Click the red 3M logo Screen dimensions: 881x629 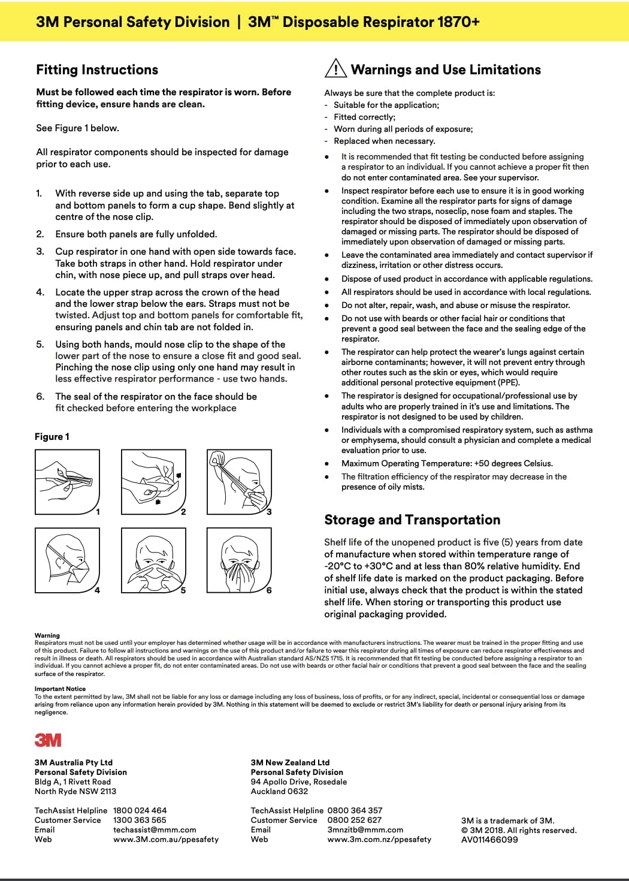[x=48, y=740]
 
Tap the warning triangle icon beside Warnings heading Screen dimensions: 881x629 [x=335, y=69]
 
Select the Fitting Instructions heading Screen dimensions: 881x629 [x=97, y=70]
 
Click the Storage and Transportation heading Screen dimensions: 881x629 [x=412, y=520]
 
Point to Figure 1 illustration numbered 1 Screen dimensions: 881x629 [x=67, y=482]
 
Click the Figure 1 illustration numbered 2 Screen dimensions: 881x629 [x=153, y=482]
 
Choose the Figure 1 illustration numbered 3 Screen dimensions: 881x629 [x=239, y=482]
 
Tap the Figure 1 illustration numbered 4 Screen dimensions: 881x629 [x=67, y=560]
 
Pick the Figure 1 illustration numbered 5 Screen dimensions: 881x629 [x=153, y=560]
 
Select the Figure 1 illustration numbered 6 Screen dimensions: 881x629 [x=239, y=560]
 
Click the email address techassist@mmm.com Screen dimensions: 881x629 [x=155, y=830]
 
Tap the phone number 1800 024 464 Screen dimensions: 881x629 [x=140, y=810]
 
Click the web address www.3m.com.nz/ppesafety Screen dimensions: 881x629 [x=379, y=840]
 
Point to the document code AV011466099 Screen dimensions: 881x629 [x=489, y=840]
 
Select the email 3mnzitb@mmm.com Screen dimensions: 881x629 [x=365, y=830]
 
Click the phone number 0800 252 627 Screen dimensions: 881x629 [x=355, y=820]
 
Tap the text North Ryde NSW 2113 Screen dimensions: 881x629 [x=75, y=791]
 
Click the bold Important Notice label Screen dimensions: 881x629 [x=60, y=689]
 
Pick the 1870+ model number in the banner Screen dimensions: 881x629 [x=458, y=22]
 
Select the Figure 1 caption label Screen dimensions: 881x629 [x=52, y=437]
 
